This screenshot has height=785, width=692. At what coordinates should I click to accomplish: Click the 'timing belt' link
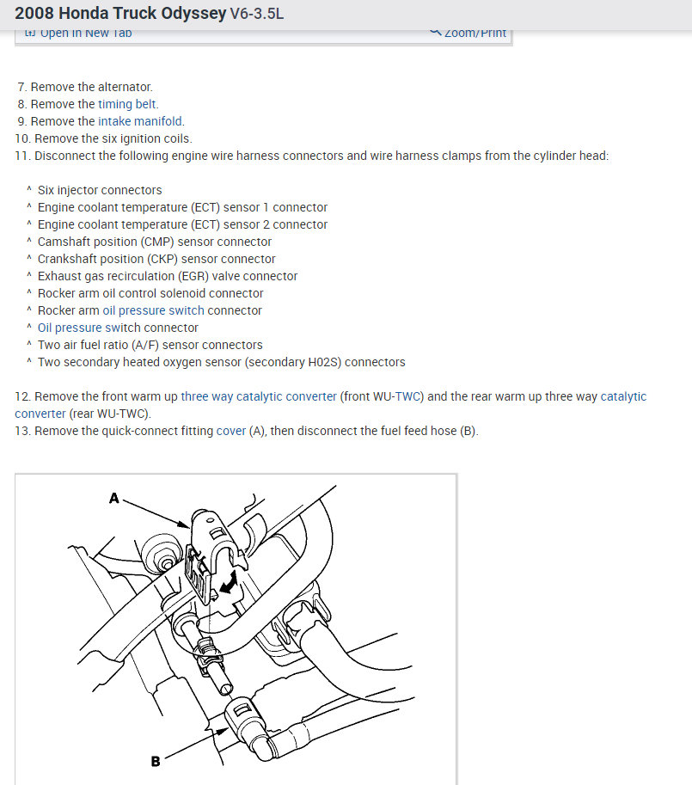click(x=128, y=104)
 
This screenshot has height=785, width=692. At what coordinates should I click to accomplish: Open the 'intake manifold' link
click(x=141, y=121)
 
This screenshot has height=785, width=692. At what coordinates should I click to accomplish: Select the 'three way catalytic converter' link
click(x=259, y=396)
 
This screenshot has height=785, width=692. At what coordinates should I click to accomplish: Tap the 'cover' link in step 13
click(x=231, y=431)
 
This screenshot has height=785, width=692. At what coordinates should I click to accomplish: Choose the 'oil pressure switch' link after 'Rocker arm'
click(x=154, y=310)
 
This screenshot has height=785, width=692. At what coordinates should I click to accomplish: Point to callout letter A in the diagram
click(x=113, y=497)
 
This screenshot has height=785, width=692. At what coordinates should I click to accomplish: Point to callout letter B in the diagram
click(x=156, y=760)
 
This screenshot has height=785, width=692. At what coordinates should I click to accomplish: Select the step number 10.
click(x=22, y=138)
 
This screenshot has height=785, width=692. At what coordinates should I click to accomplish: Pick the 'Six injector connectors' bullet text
click(x=100, y=190)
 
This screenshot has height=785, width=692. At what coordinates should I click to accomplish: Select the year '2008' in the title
click(x=36, y=15)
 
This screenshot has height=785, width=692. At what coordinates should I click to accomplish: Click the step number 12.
click(x=22, y=396)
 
